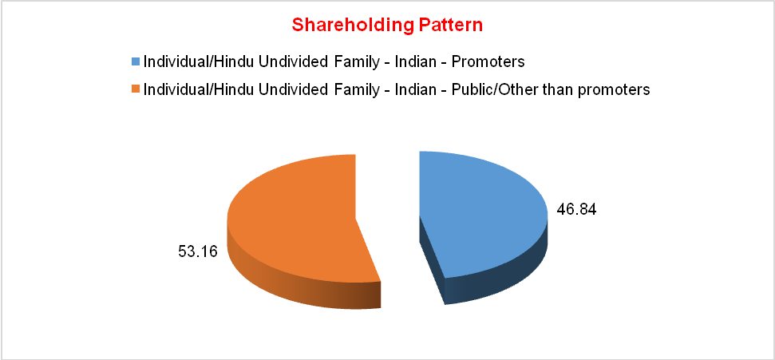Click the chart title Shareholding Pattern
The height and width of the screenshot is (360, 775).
pyautogui.click(x=387, y=26)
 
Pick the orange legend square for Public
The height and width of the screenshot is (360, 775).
pyautogui.click(x=136, y=89)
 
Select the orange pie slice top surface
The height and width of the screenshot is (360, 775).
pyautogui.click(x=297, y=218)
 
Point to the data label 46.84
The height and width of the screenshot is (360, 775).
pyautogui.click(x=577, y=210)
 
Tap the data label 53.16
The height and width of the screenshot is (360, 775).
pyautogui.click(x=198, y=251)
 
